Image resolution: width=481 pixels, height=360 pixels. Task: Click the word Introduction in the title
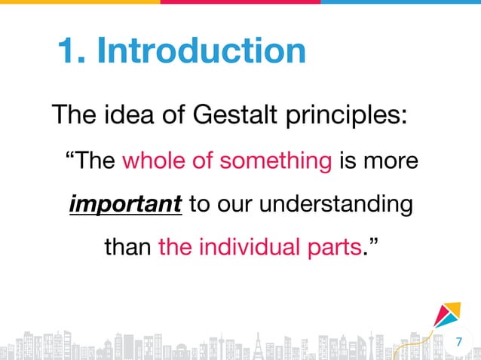(202, 51)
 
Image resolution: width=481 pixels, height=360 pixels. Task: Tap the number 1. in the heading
(73, 51)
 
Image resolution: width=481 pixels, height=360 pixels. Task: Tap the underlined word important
(125, 205)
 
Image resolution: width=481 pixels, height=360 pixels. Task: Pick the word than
(128, 248)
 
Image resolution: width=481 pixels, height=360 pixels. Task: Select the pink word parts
(329, 248)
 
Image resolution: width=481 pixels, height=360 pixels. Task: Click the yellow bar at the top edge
(80, 2)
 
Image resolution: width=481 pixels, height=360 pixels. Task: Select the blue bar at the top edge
(400, 2)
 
